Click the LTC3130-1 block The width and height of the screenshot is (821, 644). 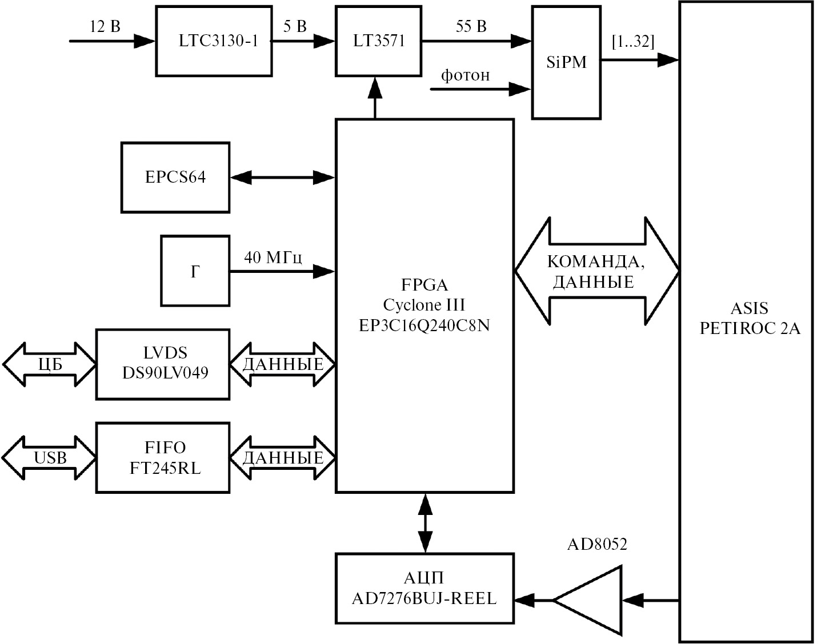[x=214, y=41]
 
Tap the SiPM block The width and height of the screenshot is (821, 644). [x=566, y=63]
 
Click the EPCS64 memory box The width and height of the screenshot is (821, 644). [x=175, y=178]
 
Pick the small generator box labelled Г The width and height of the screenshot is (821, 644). [x=195, y=271]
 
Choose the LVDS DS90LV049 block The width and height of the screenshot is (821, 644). [x=163, y=364]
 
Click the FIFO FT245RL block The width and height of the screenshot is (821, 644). [x=163, y=458]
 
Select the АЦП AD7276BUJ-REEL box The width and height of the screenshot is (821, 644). [x=424, y=589]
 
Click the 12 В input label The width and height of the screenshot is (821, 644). [x=105, y=26]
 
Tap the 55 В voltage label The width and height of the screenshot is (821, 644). [x=471, y=26]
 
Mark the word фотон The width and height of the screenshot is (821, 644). [x=465, y=75]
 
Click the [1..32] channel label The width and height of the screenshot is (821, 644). [x=633, y=42]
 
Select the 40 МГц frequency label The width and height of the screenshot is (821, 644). [x=273, y=257]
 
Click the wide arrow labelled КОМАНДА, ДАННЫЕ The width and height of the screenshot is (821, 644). [x=597, y=271]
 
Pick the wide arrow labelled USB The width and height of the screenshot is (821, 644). [x=49, y=458]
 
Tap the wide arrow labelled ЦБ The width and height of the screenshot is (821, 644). [x=49, y=364]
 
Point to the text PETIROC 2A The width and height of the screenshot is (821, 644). [x=750, y=329]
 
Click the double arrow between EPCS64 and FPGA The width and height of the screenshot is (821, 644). [x=282, y=178]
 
